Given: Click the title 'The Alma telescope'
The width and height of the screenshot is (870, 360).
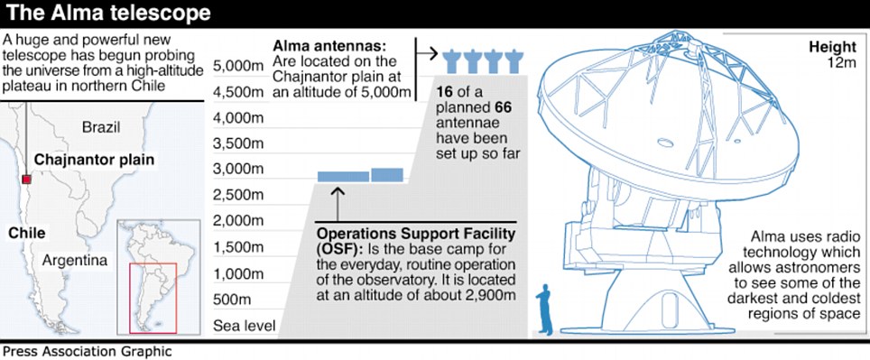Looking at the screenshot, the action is [x=108, y=14].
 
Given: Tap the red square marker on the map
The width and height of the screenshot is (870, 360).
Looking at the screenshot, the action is [x=26, y=179].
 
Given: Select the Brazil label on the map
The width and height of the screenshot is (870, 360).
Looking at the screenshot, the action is [x=101, y=127].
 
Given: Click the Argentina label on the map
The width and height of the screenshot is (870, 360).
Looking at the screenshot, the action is [x=75, y=260].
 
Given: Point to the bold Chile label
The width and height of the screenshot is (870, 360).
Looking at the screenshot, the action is [x=27, y=234].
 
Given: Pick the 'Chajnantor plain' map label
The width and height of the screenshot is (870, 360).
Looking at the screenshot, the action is [x=94, y=161].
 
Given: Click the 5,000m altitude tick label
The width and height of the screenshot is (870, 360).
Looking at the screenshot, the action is [x=238, y=67].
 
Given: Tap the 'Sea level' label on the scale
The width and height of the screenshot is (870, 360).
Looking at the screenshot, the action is [x=245, y=326].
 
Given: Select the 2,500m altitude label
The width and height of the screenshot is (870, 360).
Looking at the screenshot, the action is [x=238, y=196].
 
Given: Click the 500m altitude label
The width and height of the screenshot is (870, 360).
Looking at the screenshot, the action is [x=231, y=300].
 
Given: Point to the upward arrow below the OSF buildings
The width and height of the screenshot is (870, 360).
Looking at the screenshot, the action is [x=338, y=204].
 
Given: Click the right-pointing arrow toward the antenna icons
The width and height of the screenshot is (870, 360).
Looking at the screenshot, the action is [x=427, y=54].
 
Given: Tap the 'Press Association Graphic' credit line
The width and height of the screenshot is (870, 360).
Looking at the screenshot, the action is [x=88, y=352].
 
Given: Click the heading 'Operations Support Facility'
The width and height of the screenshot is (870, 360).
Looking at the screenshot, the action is [x=415, y=233].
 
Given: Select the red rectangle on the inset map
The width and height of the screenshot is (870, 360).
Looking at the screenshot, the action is [x=153, y=298].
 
